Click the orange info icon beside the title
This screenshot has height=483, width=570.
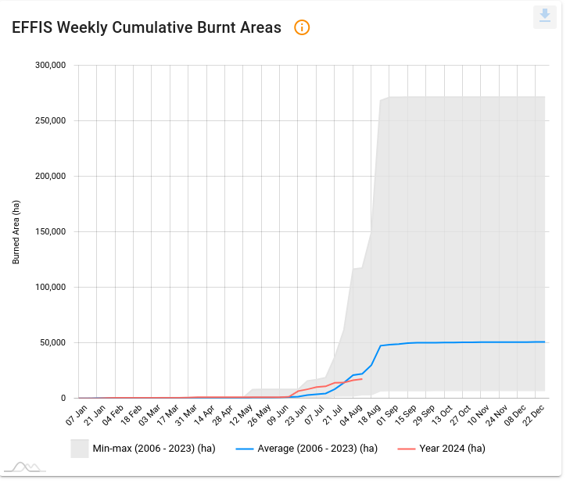[302, 27]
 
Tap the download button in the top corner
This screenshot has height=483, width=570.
[545, 16]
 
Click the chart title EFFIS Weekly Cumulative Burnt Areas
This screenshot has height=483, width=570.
[146, 27]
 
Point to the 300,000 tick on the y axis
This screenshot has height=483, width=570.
[51, 65]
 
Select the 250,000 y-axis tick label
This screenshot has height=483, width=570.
[51, 120]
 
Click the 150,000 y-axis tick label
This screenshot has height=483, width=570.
[51, 231]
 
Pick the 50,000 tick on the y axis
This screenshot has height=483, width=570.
[53, 342]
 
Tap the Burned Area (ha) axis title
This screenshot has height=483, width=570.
[16, 231]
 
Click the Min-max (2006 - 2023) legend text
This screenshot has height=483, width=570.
[153, 449]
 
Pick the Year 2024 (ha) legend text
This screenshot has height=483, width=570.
[453, 449]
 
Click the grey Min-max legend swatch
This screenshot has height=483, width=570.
[79, 449]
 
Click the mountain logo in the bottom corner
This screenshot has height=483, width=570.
[23, 467]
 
